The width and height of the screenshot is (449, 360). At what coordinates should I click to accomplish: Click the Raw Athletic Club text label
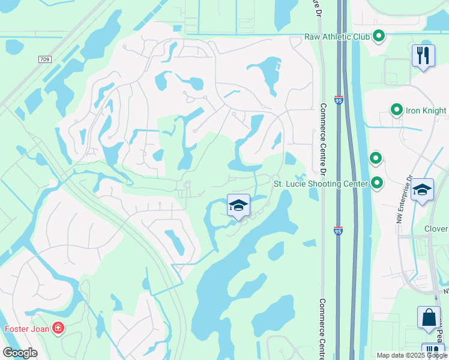coord(337,37)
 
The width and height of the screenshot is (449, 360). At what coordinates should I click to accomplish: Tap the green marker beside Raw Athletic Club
coord(379,36)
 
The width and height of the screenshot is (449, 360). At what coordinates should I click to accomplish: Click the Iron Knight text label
coord(426,110)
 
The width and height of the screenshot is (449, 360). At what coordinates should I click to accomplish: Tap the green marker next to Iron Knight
coord(396,110)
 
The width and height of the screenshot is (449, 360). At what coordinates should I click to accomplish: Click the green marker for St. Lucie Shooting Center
coord(377,182)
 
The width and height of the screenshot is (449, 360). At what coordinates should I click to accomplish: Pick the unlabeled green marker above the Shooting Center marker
coord(376,158)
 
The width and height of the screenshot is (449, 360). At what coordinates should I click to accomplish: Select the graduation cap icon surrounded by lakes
coord(238,206)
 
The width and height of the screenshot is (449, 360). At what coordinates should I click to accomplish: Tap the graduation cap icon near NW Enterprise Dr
coord(422,190)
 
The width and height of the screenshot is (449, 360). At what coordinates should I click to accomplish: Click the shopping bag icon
coord(430,318)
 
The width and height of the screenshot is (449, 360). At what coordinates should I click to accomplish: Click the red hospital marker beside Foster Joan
coord(58,328)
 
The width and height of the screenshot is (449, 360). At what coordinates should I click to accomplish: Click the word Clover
coord(436,229)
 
